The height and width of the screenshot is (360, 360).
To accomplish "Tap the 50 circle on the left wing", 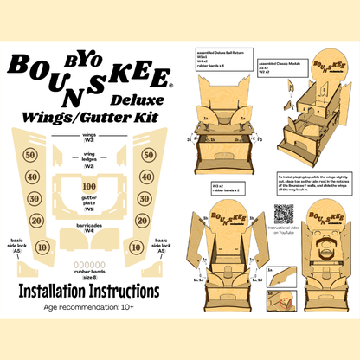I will pos(30,155).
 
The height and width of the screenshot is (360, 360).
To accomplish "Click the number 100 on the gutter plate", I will pos(87,185).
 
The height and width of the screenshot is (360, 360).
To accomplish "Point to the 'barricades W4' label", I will pos(87,228).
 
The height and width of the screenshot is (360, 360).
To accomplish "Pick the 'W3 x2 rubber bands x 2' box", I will pos(224,186).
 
